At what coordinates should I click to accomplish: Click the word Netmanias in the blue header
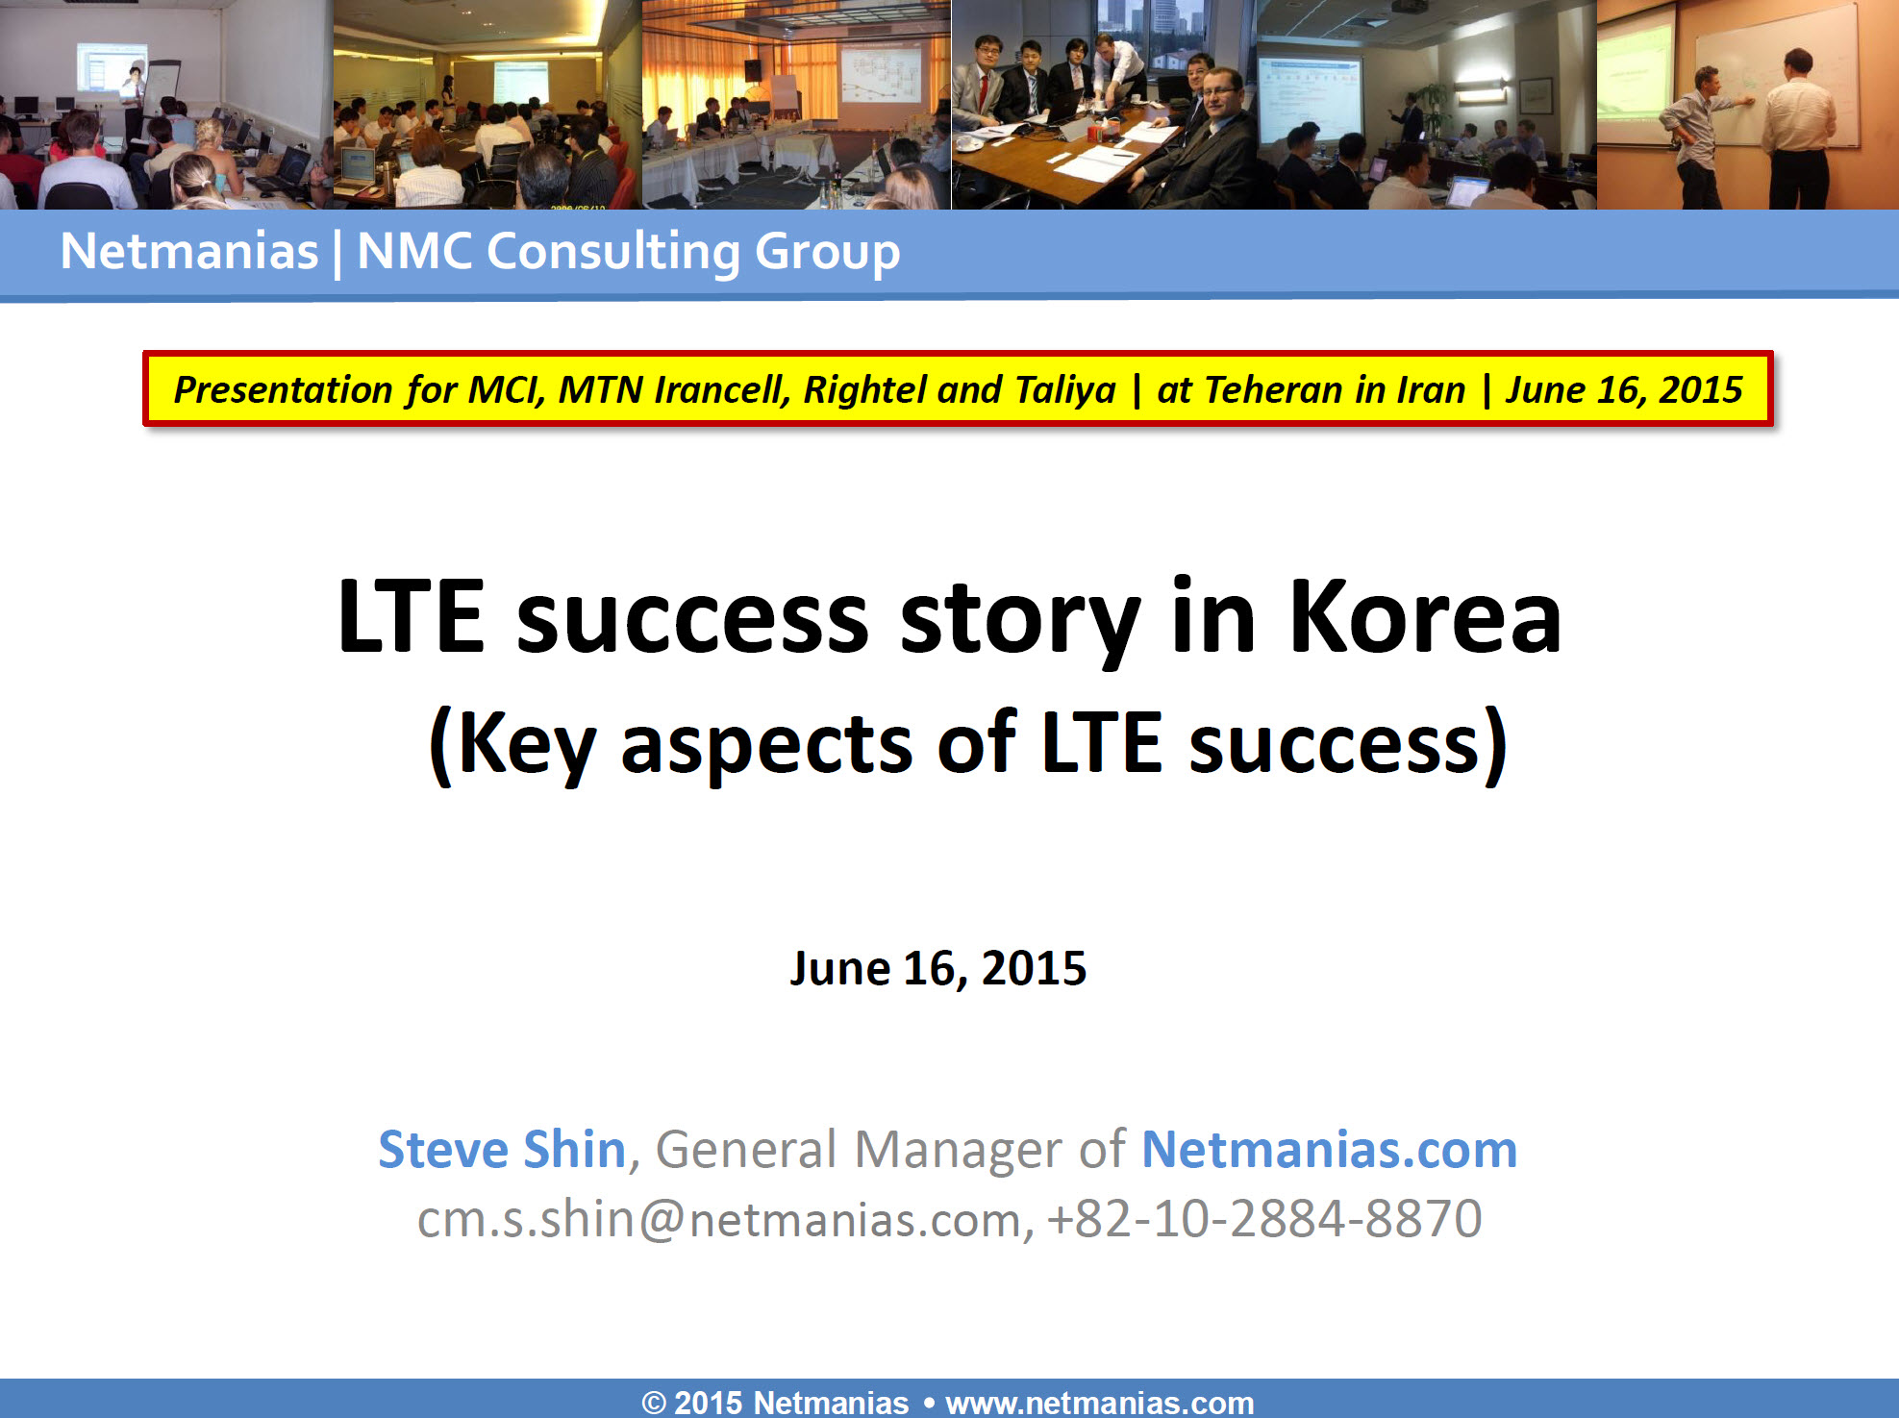189,252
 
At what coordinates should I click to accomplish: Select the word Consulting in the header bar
613,253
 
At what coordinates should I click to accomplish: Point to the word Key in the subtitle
527,744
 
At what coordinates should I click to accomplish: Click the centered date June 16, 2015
938,968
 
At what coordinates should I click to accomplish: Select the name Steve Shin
502,1149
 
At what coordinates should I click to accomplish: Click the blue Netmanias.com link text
1329,1149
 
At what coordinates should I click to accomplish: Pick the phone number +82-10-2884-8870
1264,1219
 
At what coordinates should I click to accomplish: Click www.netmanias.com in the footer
1100,1403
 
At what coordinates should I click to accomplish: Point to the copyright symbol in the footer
654,1404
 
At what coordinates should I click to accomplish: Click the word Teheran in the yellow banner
1273,390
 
